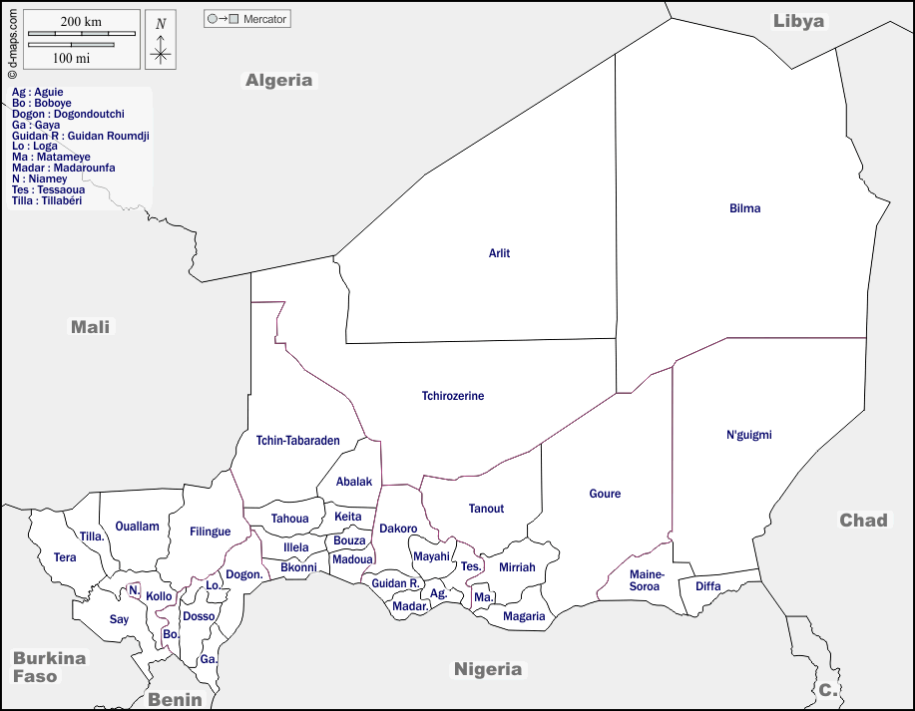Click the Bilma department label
pyautogui.click(x=744, y=208)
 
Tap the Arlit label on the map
pyautogui.click(x=499, y=253)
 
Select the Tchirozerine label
pyautogui.click(x=452, y=396)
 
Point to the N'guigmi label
pyautogui.click(x=748, y=435)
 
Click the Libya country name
pyautogui.click(x=798, y=21)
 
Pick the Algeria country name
pyautogui.click(x=278, y=80)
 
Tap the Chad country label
pyautogui.click(x=863, y=520)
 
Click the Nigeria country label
pyautogui.click(x=488, y=669)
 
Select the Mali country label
pyautogui.click(x=91, y=326)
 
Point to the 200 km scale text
pyautogui.click(x=81, y=21)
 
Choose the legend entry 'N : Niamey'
pyautogui.click(x=40, y=178)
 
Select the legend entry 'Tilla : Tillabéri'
pyautogui.click(x=47, y=200)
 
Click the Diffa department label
pyautogui.click(x=707, y=586)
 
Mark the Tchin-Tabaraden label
pyautogui.click(x=297, y=440)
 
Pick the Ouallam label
pyautogui.click(x=137, y=527)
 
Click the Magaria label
pyautogui.click(x=524, y=616)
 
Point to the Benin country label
pyautogui.click(x=175, y=699)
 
